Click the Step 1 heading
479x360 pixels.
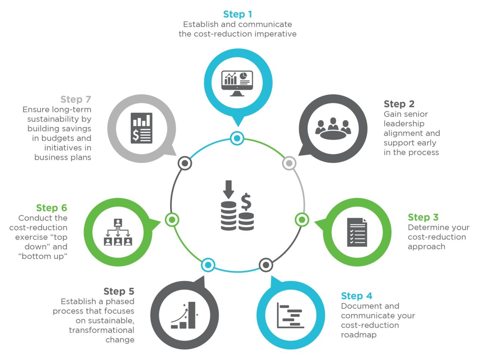tap(238, 14)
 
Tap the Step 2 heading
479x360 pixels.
tap(399, 104)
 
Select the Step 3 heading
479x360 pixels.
tap(423, 217)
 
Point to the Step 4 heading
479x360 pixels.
tap(356, 296)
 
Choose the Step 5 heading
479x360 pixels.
tap(119, 292)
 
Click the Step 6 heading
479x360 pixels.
tap(52, 208)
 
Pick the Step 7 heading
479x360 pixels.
tap(76, 100)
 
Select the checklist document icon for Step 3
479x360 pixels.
tap(357, 232)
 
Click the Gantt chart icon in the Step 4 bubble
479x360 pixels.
tap(290, 315)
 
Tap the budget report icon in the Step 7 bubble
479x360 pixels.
tap(141, 128)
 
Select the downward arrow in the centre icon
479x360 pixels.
tap(228, 189)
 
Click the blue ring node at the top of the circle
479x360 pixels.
tap(237, 138)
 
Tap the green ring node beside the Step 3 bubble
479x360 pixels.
tap(302, 220)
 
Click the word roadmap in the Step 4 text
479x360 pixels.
tap(359, 335)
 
